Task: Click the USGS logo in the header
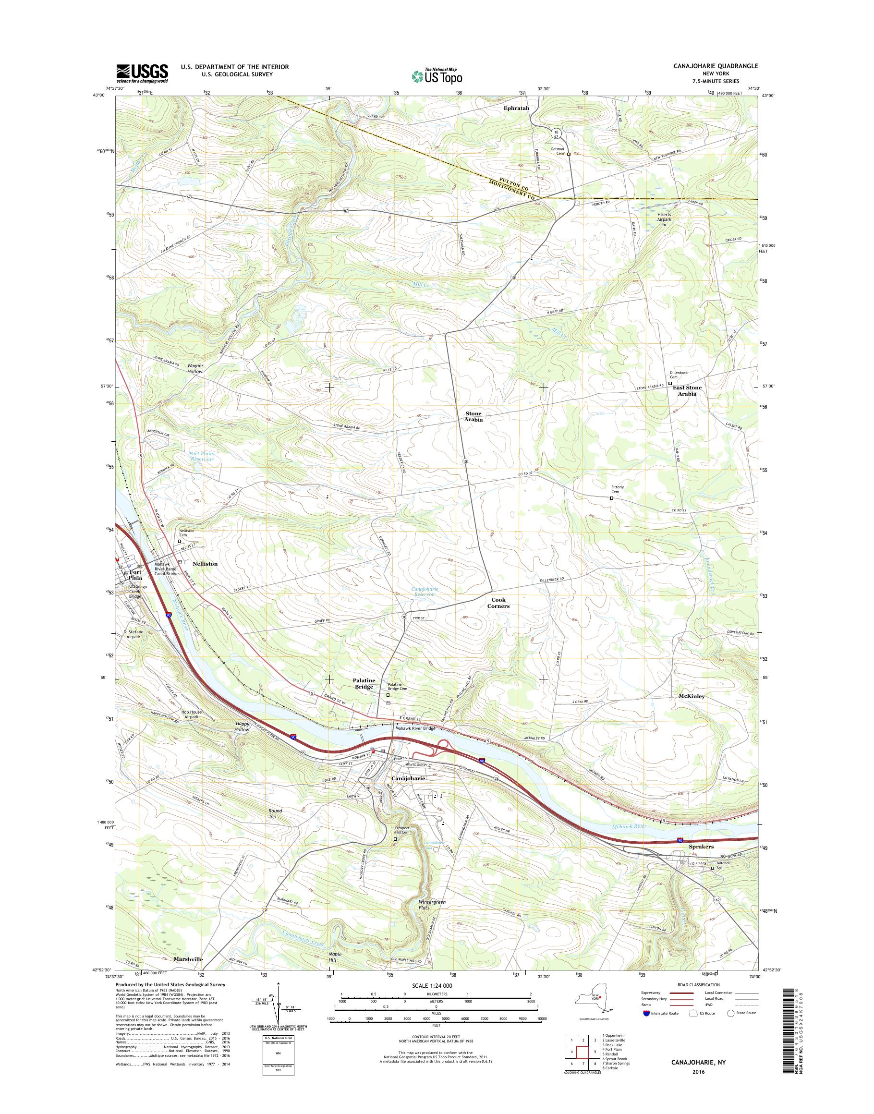pyautogui.click(x=142, y=73)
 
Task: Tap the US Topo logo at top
pyautogui.click(x=437, y=75)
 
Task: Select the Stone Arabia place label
pyautogui.click(x=473, y=416)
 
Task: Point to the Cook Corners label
pyautogui.click(x=498, y=603)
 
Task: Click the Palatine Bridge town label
pyautogui.click(x=364, y=684)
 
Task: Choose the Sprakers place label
pyautogui.click(x=701, y=847)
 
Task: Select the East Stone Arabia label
pyautogui.click(x=687, y=390)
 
